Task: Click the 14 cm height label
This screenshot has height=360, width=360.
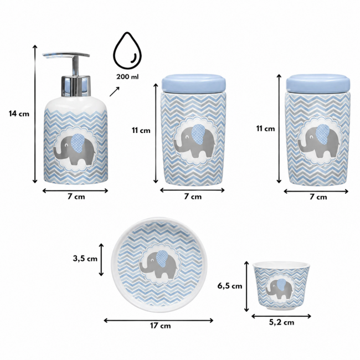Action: tap(19, 114)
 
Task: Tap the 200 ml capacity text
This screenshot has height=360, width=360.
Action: tap(127, 76)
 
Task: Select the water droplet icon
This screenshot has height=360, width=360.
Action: tap(127, 50)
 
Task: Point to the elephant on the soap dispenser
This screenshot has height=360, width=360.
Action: tap(74, 149)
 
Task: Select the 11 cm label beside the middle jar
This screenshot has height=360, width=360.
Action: tap(141, 130)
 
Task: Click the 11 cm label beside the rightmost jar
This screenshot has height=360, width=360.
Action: tap(265, 128)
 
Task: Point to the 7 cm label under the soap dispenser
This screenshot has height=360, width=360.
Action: tap(76, 197)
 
